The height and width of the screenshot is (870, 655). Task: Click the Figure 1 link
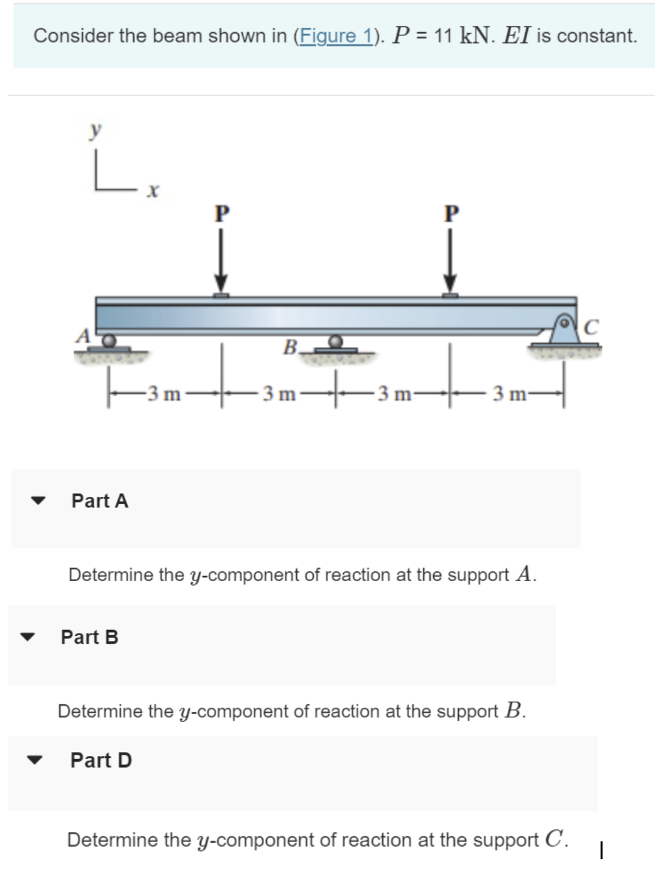[335, 36]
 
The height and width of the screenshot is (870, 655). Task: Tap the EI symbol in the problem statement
[517, 36]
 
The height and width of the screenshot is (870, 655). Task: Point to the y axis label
[95, 130]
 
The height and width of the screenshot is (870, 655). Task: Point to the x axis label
[153, 190]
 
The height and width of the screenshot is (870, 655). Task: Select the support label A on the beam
[83, 335]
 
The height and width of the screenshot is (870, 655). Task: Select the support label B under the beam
[290, 346]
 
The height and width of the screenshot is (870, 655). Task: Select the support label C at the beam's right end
[590, 327]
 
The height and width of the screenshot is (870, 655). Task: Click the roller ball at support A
[109, 340]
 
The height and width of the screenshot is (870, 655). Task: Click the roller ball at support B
[335, 341]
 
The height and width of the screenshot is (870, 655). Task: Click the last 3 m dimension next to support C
[509, 394]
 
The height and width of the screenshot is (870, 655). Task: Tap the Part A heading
[100, 501]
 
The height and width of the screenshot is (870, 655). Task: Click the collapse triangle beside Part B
[27, 637]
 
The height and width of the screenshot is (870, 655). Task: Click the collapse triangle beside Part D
[37, 760]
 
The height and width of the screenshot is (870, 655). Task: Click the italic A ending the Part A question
[524, 574]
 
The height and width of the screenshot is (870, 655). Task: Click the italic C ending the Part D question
[553, 839]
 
